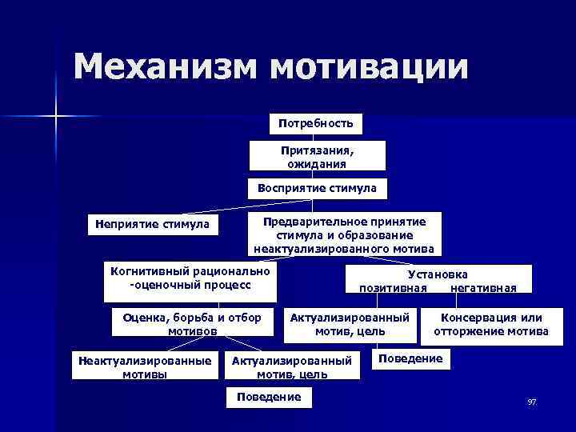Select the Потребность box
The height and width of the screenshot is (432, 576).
click(316, 124)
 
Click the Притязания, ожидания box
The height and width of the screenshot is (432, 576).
click(317, 156)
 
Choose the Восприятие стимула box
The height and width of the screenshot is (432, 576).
click(317, 189)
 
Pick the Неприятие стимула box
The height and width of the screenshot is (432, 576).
click(152, 224)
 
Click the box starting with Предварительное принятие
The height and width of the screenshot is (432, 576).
click(345, 234)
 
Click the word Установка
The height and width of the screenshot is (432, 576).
click(438, 274)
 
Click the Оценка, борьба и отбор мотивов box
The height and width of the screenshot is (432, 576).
click(192, 324)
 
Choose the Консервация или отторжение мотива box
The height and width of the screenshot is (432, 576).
click(491, 324)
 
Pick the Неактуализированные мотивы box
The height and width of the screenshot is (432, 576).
click(145, 367)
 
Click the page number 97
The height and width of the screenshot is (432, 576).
click(531, 402)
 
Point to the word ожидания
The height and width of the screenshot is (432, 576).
click(317, 163)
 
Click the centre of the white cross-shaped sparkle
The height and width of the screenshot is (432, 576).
click(57, 118)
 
